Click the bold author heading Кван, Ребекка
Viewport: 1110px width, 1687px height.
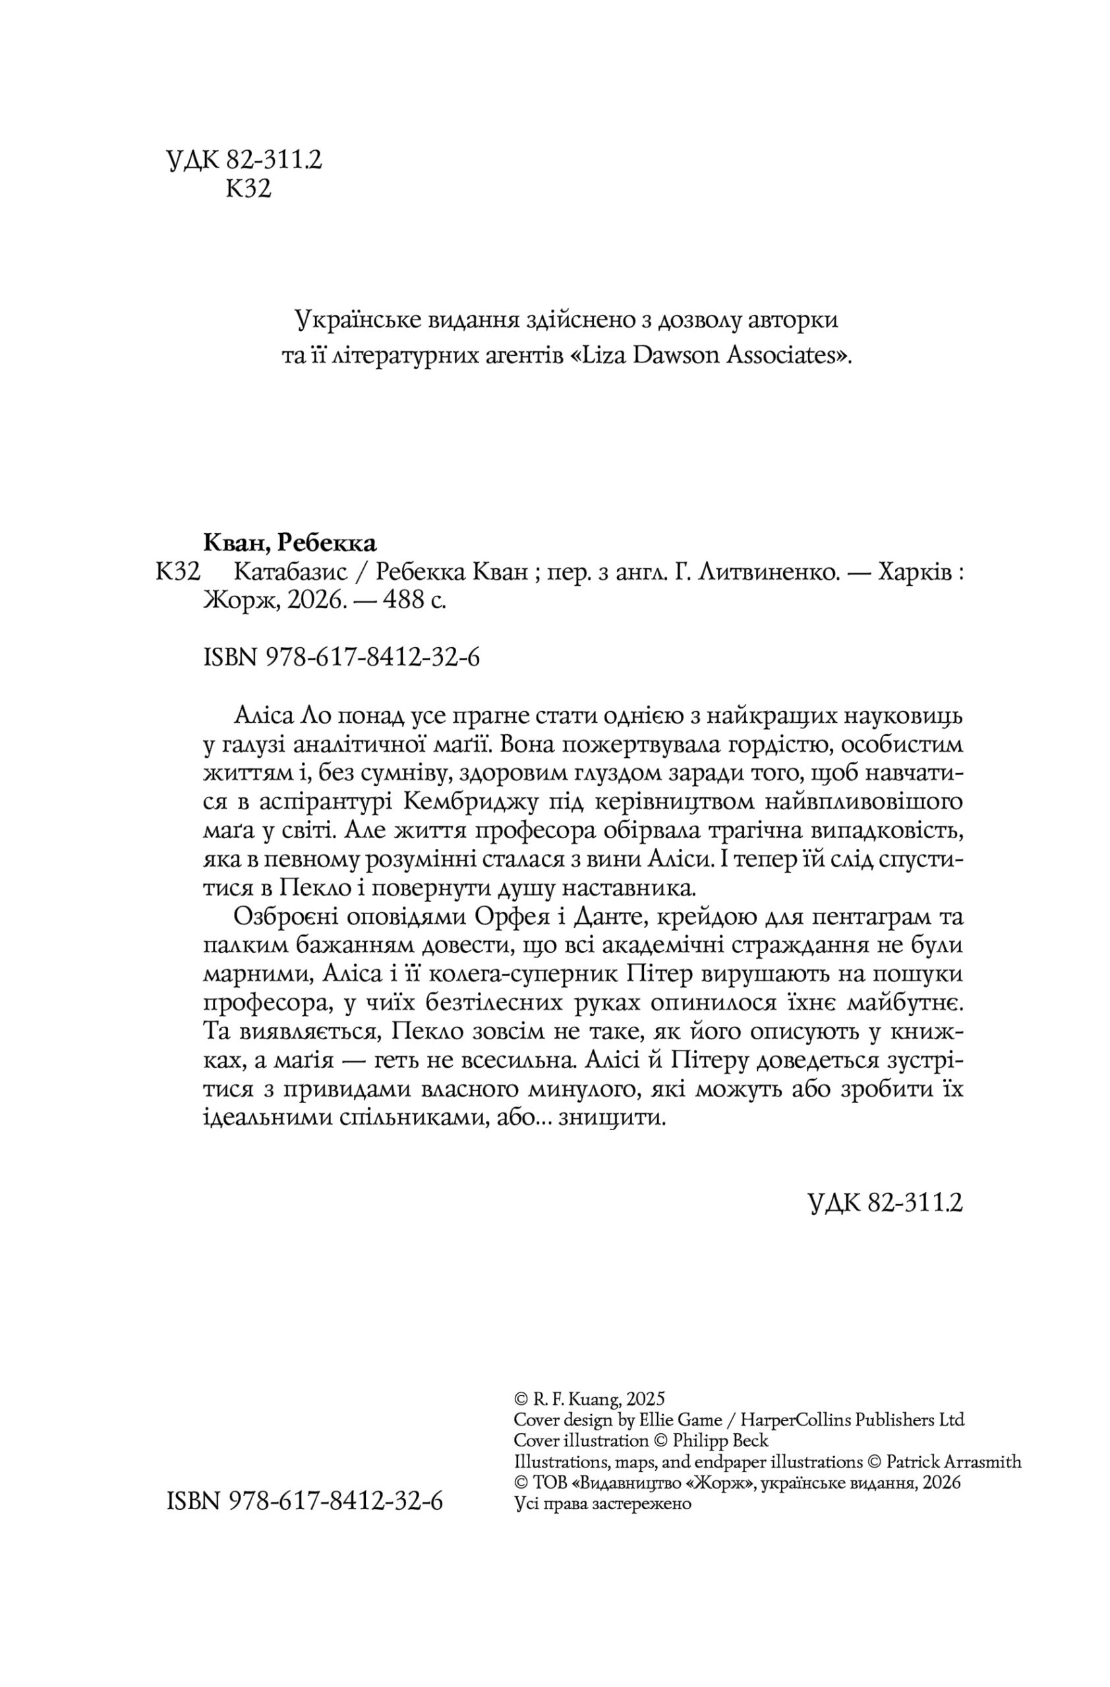(290, 542)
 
